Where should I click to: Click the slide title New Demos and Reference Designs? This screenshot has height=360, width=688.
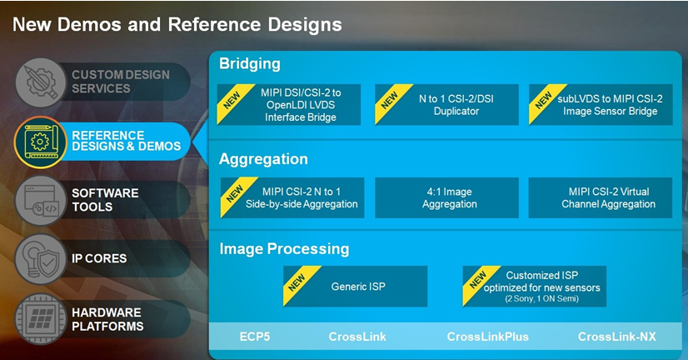tap(177, 25)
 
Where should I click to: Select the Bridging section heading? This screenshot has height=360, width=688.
tap(250, 63)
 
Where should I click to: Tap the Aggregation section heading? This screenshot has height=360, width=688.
tap(263, 159)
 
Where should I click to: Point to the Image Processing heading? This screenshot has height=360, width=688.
tap(284, 249)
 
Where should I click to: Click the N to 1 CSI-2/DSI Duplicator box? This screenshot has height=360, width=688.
tap(446, 104)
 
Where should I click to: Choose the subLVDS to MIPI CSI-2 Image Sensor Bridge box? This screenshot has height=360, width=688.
tap(601, 104)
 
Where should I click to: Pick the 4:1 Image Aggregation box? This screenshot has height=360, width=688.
tap(446, 197)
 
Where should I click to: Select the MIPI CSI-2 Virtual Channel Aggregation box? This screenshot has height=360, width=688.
tap(601, 197)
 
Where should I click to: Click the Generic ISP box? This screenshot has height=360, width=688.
tap(356, 286)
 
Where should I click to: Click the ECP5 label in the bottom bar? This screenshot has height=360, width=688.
tap(255, 337)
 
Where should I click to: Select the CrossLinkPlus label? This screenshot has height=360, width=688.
tap(487, 337)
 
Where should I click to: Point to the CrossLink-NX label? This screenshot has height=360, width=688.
tap(617, 337)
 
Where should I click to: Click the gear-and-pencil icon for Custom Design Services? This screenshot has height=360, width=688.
tap(41, 82)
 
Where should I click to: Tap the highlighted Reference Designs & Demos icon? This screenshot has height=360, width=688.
tap(40, 142)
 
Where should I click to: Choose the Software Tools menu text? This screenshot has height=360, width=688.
tap(105, 200)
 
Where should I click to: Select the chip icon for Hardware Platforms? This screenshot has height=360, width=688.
tap(41, 318)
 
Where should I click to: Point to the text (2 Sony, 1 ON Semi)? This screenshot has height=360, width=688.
tap(541, 299)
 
